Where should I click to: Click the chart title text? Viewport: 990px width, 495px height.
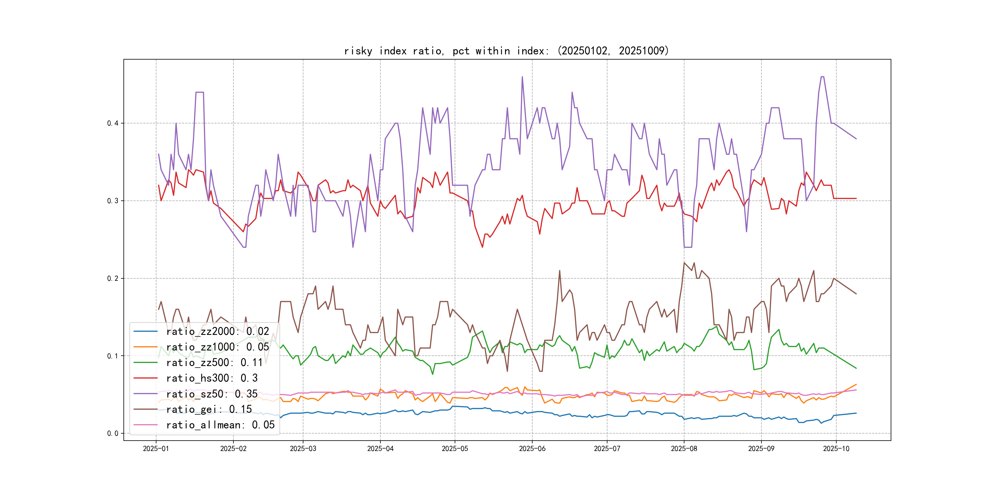click(507, 51)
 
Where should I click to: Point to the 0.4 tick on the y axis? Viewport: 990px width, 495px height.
click(113, 123)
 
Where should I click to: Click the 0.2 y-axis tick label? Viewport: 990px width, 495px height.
click(113, 279)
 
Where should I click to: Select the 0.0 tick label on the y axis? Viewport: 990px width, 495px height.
click(113, 434)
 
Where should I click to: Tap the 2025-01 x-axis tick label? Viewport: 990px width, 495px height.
click(156, 449)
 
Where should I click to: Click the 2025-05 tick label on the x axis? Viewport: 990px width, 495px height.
click(455, 449)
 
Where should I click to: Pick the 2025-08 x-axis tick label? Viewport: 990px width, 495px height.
click(684, 449)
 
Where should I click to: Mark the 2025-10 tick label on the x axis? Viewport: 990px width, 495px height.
click(836, 449)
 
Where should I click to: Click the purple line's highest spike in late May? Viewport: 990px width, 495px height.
click(522, 77)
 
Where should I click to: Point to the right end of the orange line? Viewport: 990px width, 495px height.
click(856, 384)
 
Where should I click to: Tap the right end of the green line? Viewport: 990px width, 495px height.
click(856, 368)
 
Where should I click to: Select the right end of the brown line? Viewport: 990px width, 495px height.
click(856, 294)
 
